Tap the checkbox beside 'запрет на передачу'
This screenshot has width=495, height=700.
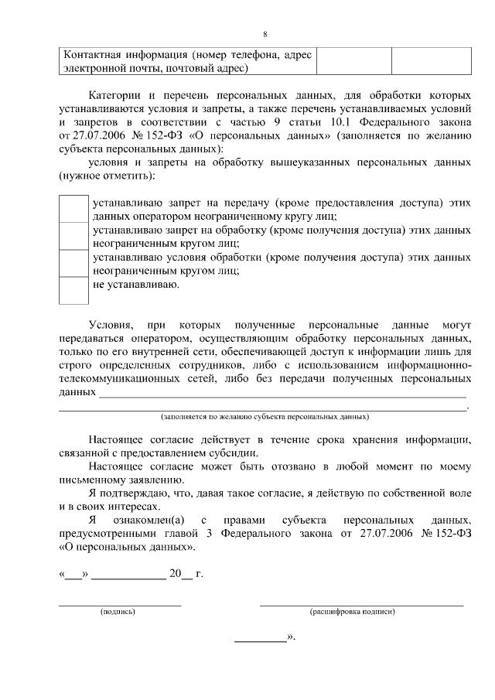click(74, 208)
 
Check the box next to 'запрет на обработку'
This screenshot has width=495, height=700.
click(74, 236)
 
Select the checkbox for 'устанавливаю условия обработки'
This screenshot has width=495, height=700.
click(74, 263)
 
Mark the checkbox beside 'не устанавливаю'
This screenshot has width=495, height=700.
click(74, 290)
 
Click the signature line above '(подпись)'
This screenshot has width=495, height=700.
click(121, 603)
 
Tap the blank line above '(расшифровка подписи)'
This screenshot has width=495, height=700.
click(361, 603)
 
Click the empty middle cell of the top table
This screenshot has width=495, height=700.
click(353, 61)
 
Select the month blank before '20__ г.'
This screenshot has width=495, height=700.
click(128, 576)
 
